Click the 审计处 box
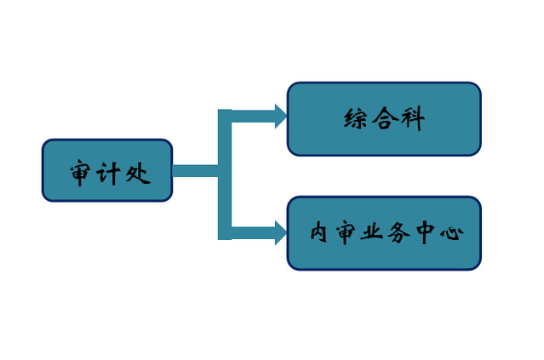(x=107, y=170)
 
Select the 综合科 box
(x=384, y=118)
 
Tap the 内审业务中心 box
(x=384, y=232)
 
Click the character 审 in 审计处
(x=83, y=174)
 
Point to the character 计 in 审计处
(x=109, y=174)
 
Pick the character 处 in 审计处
(x=136, y=174)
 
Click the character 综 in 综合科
(x=355, y=119)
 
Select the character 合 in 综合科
(x=385, y=119)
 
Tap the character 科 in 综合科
(x=412, y=119)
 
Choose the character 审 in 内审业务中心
(x=345, y=232)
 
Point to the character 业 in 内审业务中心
(x=371, y=232)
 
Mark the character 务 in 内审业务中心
(x=398, y=232)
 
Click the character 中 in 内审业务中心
(x=425, y=232)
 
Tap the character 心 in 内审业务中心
(x=451, y=232)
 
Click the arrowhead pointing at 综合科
(x=280, y=116)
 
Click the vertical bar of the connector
(x=225, y=174)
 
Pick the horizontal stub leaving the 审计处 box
(x=196, y=169)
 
